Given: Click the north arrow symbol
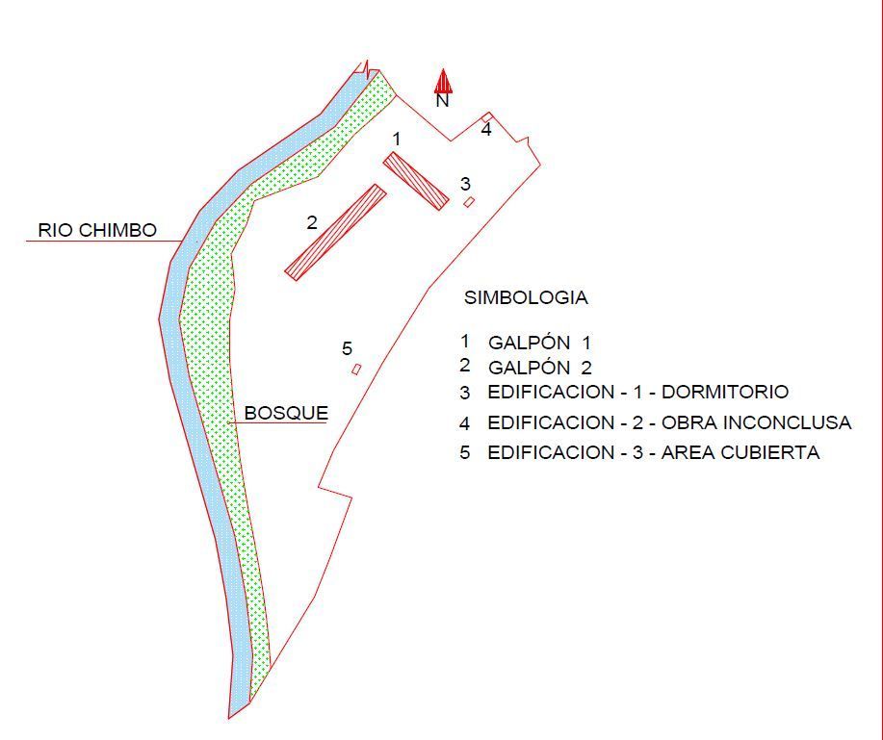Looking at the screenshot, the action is [443, 81].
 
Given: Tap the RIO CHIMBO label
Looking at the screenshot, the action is [96, 231].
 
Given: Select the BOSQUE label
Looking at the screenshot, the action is [286, 414].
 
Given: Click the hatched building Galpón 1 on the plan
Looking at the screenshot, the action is [416, 181].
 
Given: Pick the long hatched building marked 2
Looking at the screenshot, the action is [336, 232].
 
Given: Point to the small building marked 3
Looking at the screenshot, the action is [469, 202].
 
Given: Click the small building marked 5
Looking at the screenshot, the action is [356, 370].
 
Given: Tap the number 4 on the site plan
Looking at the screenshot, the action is [486, 130].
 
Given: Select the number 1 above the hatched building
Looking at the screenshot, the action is [397, 140].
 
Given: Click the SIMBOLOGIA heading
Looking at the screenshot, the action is [526, 297].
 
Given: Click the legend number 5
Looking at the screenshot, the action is [465, 451].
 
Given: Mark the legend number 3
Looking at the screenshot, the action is [465, 392].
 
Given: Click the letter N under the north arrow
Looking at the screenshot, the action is [442, 101].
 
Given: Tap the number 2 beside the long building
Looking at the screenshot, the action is [312, 222].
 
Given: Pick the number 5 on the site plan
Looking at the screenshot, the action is [348, 348].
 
